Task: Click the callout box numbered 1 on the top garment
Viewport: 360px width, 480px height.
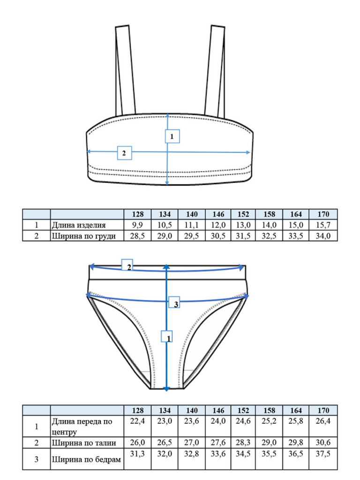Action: (x=172, y=136)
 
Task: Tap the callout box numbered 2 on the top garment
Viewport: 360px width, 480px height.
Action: (x=125, y=153)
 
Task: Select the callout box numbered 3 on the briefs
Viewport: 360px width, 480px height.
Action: (x=174, y=302)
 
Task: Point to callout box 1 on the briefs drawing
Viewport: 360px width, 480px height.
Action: (x=167, y=337)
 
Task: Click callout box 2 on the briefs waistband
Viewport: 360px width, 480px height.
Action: (x=127, y=265)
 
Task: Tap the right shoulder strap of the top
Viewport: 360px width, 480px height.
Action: (x=215, y=71)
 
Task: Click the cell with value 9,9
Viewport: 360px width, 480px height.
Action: (x=137, y=225)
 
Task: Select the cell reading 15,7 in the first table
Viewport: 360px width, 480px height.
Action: (x=323, y=225)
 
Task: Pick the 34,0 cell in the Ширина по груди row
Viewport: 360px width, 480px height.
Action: (x=323, y=236)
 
